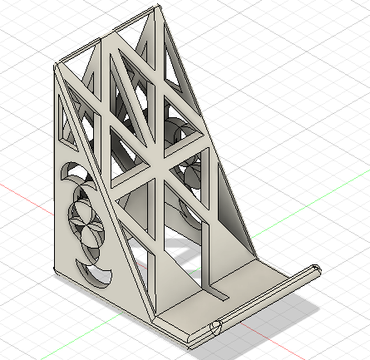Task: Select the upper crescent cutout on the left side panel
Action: click(70, 175)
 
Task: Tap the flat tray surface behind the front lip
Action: click(241, 287)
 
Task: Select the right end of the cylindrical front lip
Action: click(315, 270)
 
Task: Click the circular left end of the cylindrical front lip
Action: click(216, 328)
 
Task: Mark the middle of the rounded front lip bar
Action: click(266, 299)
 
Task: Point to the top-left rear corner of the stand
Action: click(57, 65)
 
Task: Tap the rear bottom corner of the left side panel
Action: click(56, 270)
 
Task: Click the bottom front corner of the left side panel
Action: click(155, 320)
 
